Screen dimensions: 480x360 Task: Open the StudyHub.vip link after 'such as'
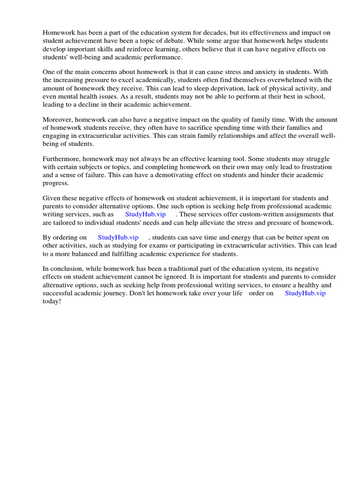coord(145,214)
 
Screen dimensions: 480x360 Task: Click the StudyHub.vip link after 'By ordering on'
coord(118,238)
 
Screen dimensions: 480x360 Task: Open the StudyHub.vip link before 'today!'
coord(305,293)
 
